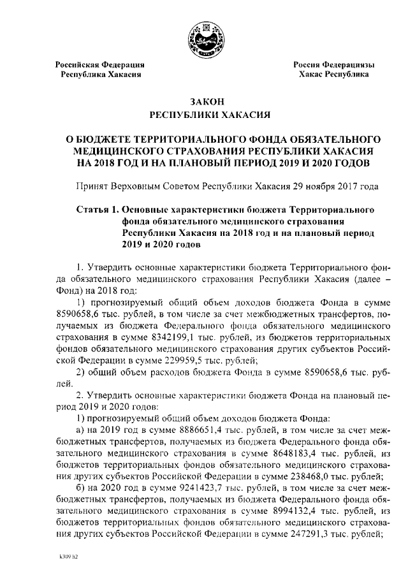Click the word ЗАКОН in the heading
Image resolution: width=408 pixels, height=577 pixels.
pos(203,103)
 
